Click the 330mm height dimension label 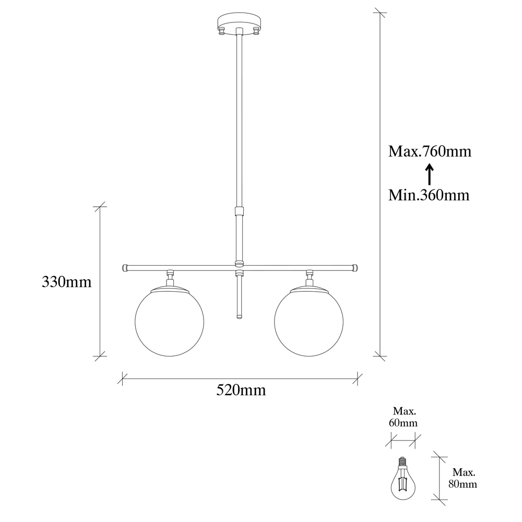67,282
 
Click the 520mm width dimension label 241,389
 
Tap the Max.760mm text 430,151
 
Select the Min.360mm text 429,195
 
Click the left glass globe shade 170,322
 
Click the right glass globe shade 309,322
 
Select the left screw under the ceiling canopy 221,32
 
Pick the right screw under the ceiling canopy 256,32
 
